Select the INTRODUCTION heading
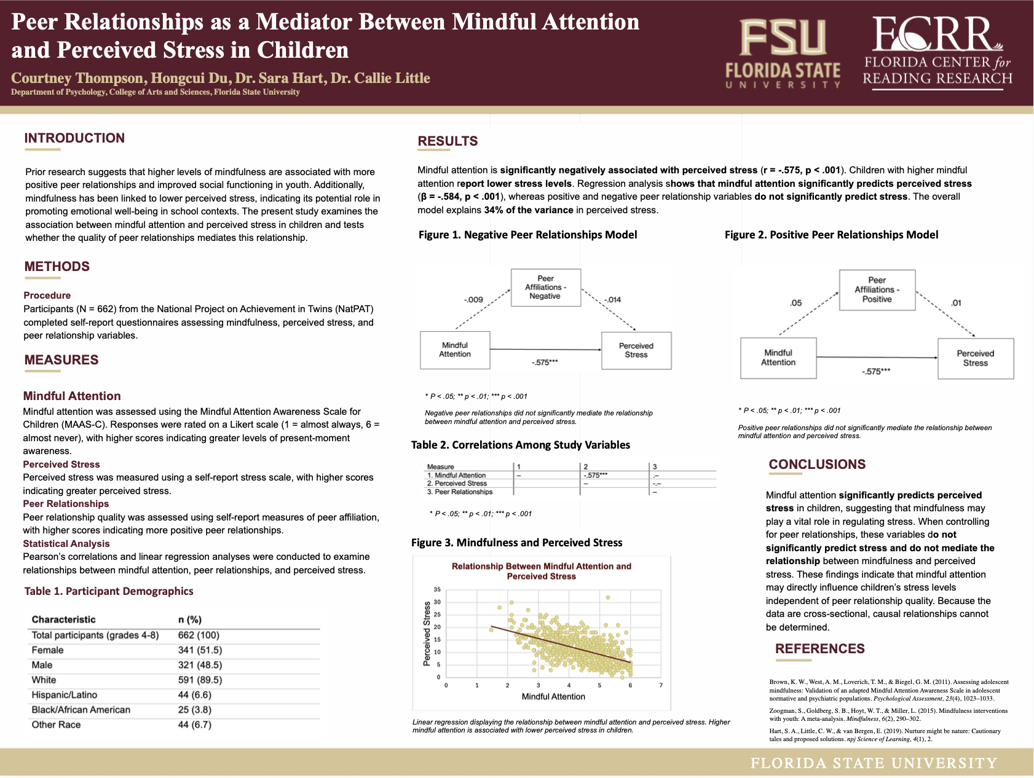(x=74, y=138)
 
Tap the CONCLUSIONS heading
(x=817, y=465)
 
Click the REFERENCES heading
(x=819, y=649)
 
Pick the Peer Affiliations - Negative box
(x=545, y=287)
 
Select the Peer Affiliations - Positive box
(x=877, y=289)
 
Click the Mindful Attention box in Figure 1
(x=455, y=350)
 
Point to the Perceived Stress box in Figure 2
(x=975, y=358)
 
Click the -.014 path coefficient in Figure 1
(x=612, y=300)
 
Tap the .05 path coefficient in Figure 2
(x=795, y=303)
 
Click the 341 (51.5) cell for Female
(x=200, y=650)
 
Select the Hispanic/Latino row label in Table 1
(x=65, y=695)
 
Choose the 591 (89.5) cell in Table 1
(x=200, y=680)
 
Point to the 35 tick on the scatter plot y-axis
(x=437, y=589)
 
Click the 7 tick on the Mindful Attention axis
(x=661, y=685)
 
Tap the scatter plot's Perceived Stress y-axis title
(x=427, y=634)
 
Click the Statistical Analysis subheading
(x=66, y=544)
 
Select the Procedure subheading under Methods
(x=47, y=296)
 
